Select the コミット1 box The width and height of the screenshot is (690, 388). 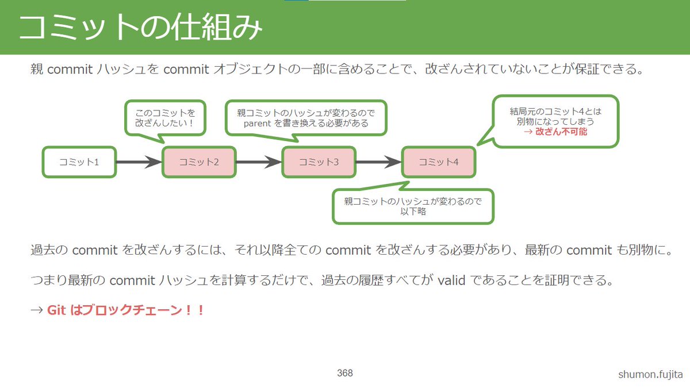point(79,162)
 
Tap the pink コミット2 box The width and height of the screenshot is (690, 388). point(199,162)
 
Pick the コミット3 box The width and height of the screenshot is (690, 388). point(319,162)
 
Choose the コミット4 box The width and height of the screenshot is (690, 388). point(439,162)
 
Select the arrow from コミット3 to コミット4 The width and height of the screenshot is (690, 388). point(378,162)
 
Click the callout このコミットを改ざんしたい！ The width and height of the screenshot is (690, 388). point(165,118)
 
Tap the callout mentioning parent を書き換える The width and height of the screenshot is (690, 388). point(305,118)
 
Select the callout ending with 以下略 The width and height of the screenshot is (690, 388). point(413,206)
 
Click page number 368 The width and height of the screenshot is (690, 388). point(345,373)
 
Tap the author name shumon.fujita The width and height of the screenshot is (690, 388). point(650,375)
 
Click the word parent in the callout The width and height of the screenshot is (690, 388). point(257,123)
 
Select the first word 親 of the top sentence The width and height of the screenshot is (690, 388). point(36,70)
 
